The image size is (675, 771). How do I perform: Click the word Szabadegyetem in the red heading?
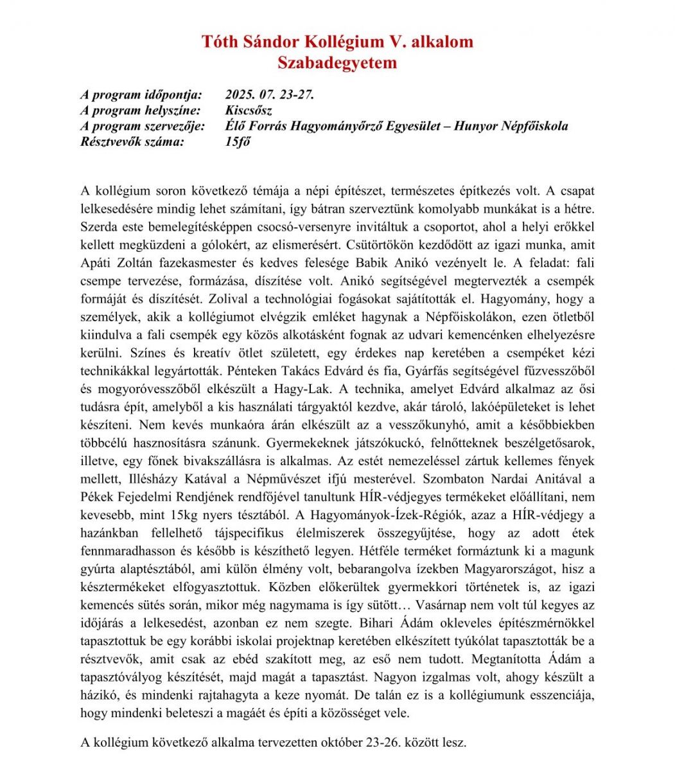pos(337,63)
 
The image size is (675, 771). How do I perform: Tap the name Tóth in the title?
pos(218,42)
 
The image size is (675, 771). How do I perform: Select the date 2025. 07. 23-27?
pos(270,95)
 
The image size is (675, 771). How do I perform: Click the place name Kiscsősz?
pos(249,111)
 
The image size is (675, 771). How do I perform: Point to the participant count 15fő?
pos(238,141)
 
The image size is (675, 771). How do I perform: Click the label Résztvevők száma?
pos(132,141)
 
